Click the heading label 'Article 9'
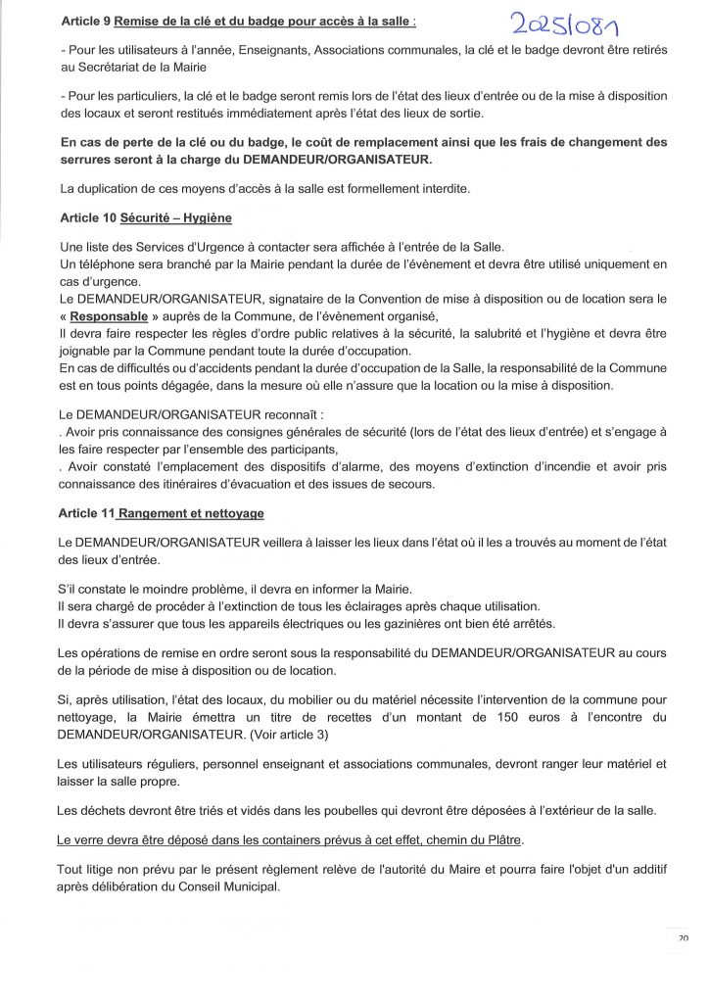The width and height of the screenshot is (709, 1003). (85, 21)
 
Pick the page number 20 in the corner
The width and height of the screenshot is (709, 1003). (682, 937)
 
